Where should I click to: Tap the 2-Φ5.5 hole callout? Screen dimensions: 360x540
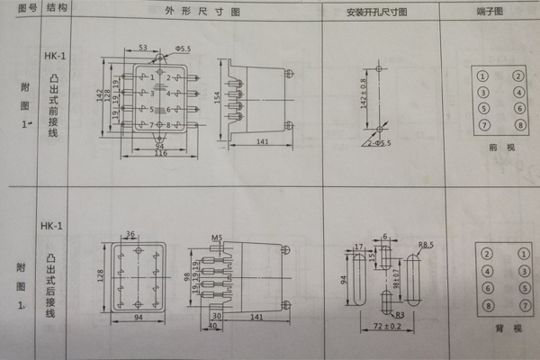(379, 142)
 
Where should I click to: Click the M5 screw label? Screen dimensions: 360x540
(216, 238)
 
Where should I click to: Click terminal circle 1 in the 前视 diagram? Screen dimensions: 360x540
(483, 76)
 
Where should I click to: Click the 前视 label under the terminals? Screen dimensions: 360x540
(499, 146)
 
